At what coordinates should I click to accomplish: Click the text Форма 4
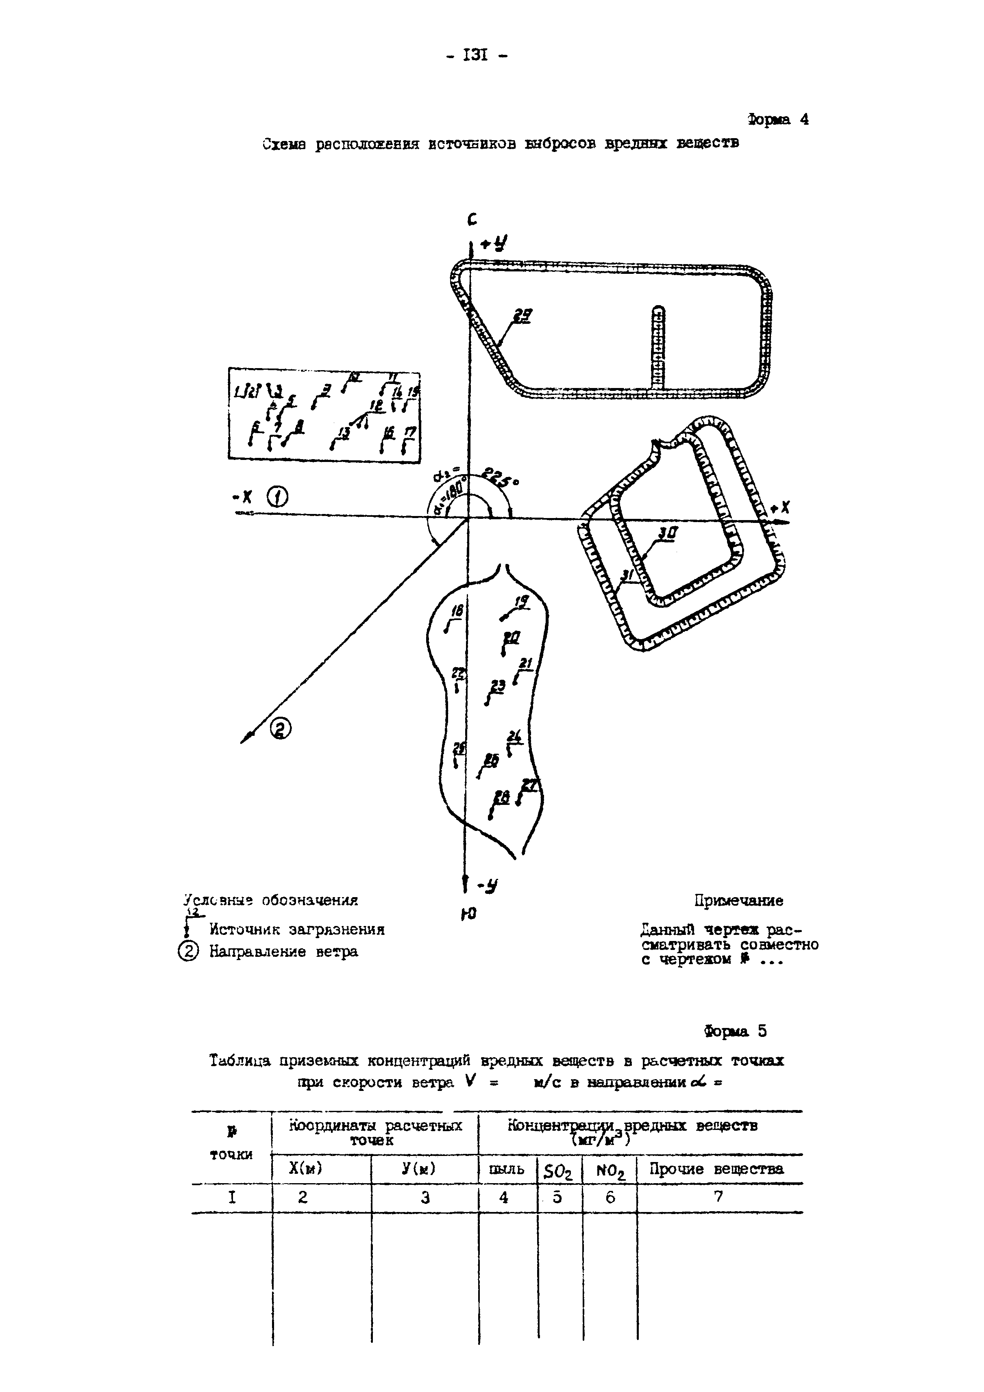pyautogui.click(x=778, y=119)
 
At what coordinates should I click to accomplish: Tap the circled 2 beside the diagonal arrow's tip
pyautogui.click(x=280, y=728)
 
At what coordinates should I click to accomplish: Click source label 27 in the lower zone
pyautogui.click(x=530, y=785)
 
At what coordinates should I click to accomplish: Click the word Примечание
pyautogui.click(x=738, y=900)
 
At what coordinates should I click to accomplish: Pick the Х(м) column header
pyautogui.click(x=305, y=1168)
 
